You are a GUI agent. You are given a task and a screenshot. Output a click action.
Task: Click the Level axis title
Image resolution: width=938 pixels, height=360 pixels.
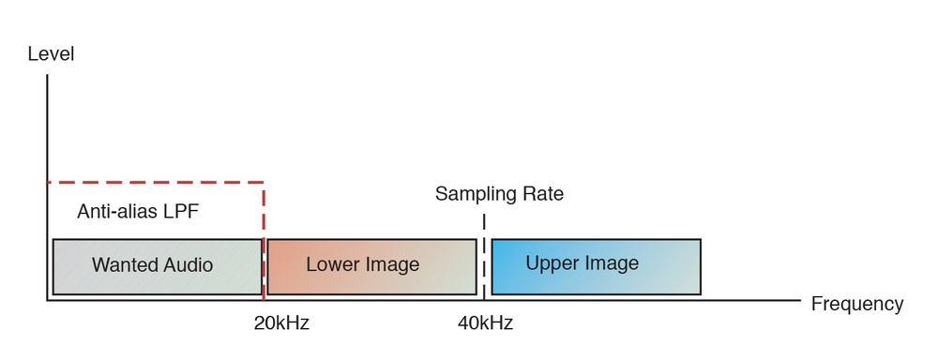coord(51,54)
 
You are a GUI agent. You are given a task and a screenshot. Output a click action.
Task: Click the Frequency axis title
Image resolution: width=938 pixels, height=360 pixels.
coord(856,304)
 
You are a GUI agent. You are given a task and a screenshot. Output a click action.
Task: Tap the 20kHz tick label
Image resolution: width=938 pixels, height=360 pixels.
coord(280,323)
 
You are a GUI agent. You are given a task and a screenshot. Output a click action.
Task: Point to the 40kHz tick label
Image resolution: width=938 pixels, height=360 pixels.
coord(485,323)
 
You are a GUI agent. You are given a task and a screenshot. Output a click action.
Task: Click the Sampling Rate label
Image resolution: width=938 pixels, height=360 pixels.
coord(499,194)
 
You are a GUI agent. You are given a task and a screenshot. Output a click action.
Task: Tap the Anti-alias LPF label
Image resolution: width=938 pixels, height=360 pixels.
coord(138,211)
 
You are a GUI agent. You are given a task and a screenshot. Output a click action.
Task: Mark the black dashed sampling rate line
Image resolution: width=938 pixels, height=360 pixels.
coord(484,253)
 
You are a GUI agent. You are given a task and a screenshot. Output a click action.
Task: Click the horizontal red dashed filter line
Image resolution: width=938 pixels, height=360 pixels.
coord(155,182)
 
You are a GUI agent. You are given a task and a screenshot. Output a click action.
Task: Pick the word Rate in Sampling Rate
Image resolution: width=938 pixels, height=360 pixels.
coord(543,194)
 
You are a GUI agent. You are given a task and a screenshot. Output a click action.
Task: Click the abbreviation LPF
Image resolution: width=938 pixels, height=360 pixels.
coord(180,211)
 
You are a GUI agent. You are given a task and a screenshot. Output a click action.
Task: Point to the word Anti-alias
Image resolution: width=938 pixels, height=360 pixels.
coord(116,211)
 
